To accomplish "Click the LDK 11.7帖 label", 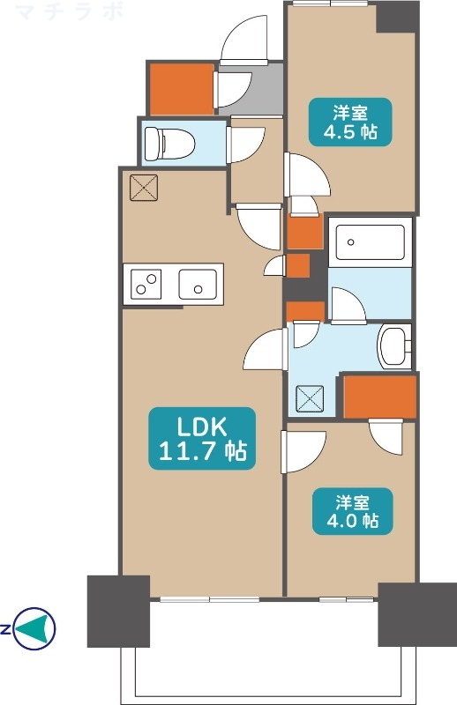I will tap(202, 438).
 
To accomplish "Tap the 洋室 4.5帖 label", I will tap(349, 122).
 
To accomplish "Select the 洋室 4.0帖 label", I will tap(350, 512).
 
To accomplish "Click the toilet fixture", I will tap(161, 141).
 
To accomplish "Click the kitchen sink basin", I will tap(198, 285).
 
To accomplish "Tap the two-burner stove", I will tap(146, 285).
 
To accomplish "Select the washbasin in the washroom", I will tap(393, 346).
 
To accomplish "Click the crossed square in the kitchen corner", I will tap(141, 187).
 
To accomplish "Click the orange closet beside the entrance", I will tap(181, 89).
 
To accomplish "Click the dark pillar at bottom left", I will tap(118, 611).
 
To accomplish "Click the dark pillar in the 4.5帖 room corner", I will tap(397, 17).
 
